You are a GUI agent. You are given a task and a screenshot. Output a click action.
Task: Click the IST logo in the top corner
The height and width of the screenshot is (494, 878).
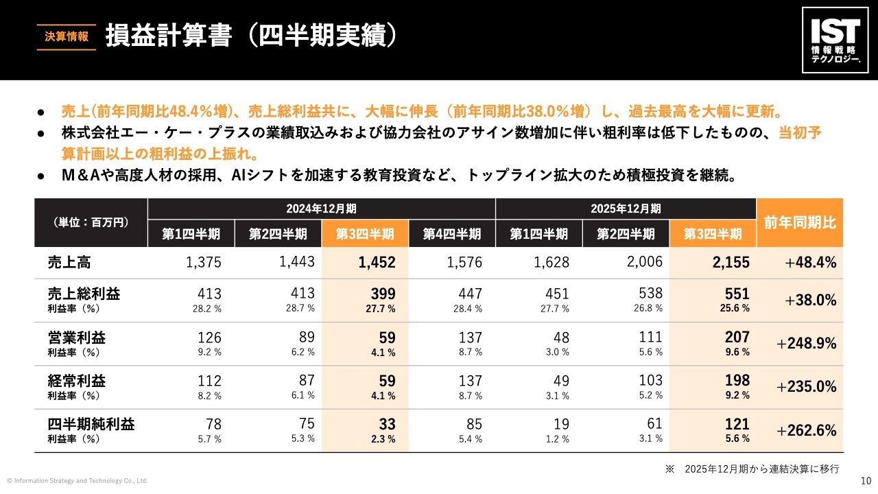tap(835, 40)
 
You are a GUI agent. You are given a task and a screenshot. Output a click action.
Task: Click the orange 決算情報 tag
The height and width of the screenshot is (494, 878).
tap(67, 37)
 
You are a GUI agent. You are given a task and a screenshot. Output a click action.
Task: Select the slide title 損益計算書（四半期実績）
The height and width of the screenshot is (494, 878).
tap(251, 37)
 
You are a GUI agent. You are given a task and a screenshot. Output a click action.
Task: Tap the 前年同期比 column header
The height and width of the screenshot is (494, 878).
tap(800, 222)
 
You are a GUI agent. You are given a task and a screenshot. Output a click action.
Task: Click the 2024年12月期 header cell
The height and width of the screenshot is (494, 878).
tap(321, 208)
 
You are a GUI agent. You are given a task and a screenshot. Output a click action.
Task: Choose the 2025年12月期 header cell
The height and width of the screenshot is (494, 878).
tap(626, 208)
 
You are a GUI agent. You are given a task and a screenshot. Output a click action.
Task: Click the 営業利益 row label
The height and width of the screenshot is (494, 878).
tap(77, 337)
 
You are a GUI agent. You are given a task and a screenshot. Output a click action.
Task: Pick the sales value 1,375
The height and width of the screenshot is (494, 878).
tap(204, 261)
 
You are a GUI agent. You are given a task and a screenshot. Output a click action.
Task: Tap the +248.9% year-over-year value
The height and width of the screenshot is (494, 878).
tap(806, 344)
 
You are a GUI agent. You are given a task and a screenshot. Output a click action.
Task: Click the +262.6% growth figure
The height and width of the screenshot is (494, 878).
tap(806, 430)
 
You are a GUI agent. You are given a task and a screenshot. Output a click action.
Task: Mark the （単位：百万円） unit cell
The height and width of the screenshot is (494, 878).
tap(91, 222)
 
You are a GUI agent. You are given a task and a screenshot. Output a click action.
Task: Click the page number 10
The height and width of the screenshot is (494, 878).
tap(865, 481)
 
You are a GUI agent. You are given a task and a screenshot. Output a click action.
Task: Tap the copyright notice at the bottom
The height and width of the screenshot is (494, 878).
tap(78, 481)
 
